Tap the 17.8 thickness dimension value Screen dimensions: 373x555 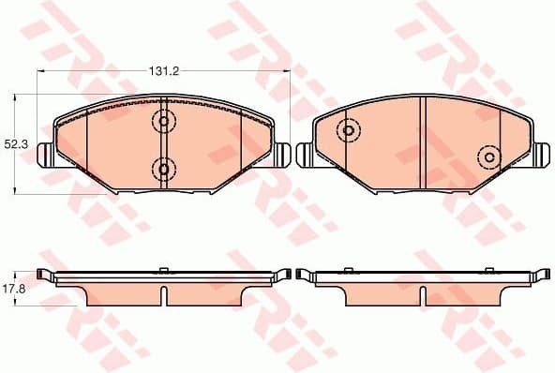click(14, 289)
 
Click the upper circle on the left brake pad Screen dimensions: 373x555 click(164, 122)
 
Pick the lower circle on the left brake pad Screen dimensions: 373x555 click(164, 169)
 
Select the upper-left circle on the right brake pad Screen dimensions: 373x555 click(348, 130)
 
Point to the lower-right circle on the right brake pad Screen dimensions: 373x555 click(488, 156)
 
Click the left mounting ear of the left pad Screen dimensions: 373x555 click(44, 154)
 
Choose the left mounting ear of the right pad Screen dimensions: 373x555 click(304, 154)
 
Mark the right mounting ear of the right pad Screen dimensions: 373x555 click(543, 154)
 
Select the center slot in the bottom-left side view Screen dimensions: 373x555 click(164, 296)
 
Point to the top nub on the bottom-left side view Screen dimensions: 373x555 click(164, 270)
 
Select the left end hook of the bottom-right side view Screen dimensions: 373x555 click(302, 275)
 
